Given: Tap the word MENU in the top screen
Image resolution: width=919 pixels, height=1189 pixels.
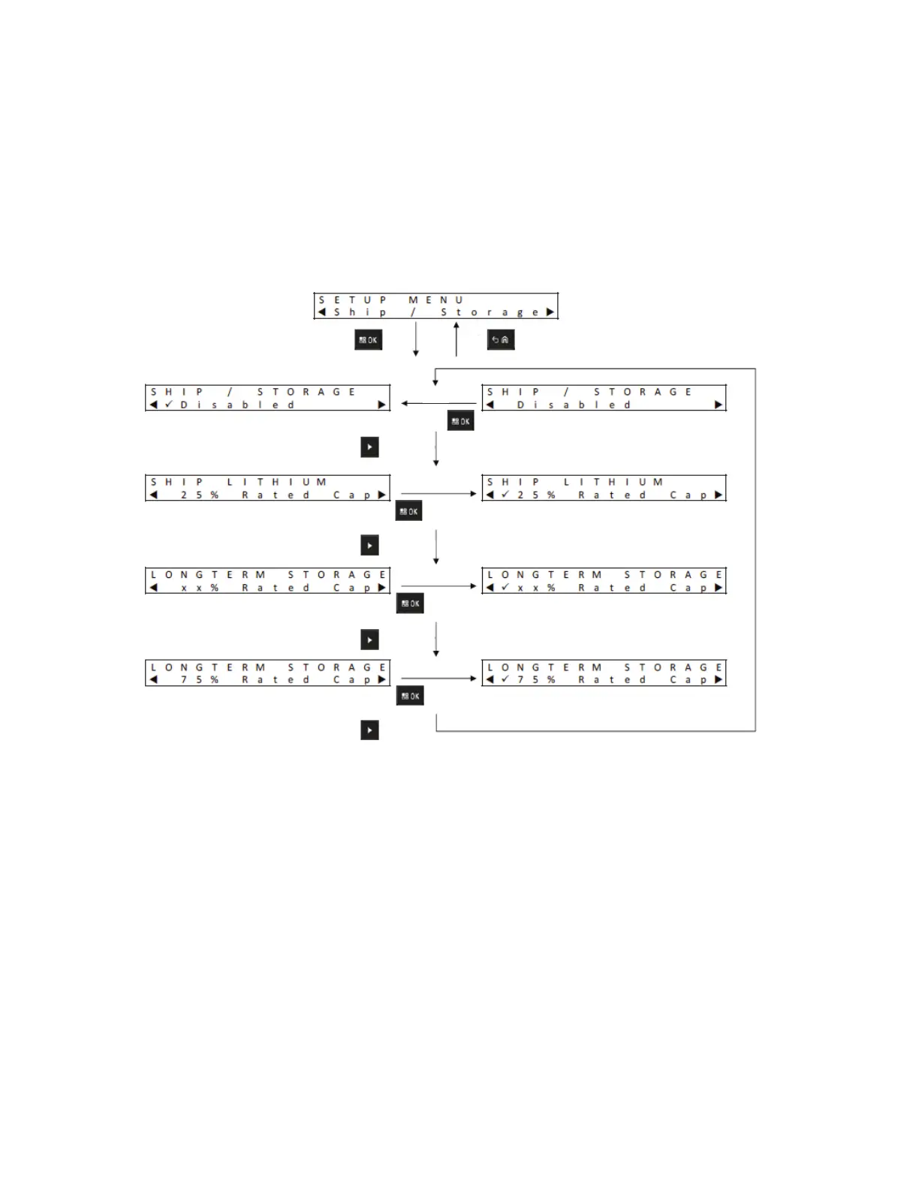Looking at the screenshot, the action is click(435, 300).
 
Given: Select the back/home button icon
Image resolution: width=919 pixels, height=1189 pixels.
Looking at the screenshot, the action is click(501, 340).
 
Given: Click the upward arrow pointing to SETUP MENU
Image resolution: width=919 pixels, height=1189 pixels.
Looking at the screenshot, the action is click(456, 339).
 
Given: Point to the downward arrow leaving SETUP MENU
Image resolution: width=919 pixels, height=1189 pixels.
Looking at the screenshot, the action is click(416, 339).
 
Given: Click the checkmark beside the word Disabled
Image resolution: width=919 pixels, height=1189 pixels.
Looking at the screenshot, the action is click(169, 405).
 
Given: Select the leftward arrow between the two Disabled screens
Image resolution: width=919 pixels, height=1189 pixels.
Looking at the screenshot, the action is click(438, 403).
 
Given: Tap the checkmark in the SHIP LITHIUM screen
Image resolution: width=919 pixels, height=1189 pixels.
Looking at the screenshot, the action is click(505, 495).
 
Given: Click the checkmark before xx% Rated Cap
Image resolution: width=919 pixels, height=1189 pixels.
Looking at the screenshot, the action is click(505, 587).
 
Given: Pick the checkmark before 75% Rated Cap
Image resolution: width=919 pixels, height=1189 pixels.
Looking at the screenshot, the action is click(505, 679).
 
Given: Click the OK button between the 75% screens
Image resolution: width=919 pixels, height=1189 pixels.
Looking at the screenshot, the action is click(410, 696).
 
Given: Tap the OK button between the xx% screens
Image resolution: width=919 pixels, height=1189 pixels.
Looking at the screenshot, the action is click(410, 604).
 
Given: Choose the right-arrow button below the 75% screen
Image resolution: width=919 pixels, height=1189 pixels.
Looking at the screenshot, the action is click(369, 730).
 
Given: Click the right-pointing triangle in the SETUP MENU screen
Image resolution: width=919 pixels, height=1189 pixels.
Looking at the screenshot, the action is click(550, 312).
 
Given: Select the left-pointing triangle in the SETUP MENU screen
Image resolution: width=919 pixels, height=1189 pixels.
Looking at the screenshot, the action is click(321, 312).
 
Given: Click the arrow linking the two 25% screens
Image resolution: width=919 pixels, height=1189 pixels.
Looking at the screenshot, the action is click(438, 494).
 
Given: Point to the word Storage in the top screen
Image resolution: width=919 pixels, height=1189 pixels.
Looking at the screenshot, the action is click(490, 312).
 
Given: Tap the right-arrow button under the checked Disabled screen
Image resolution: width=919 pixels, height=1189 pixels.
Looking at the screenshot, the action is click(369, 447).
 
